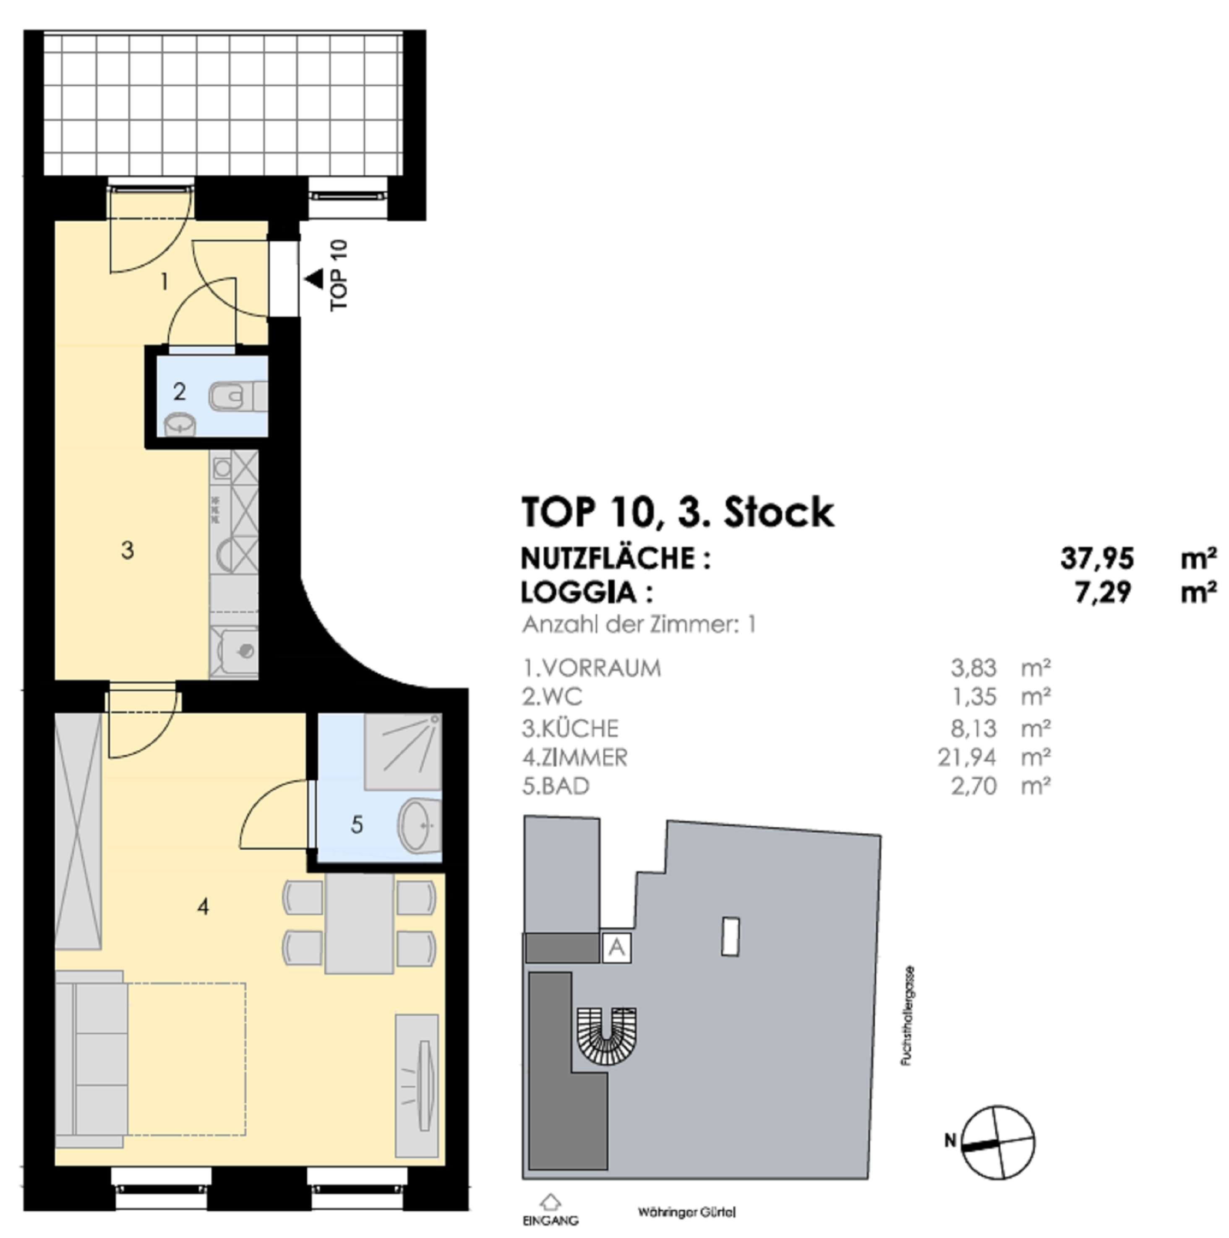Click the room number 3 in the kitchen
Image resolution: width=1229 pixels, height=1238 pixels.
(x=128, y=550)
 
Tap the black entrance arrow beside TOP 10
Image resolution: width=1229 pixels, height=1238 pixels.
(x=314, y=279)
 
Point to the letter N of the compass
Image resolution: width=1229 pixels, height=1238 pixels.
(x=950, y=1141)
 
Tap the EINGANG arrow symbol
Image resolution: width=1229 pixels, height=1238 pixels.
(x=551, y=1200)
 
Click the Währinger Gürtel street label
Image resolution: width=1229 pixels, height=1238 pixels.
(x=686, y=1212)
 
